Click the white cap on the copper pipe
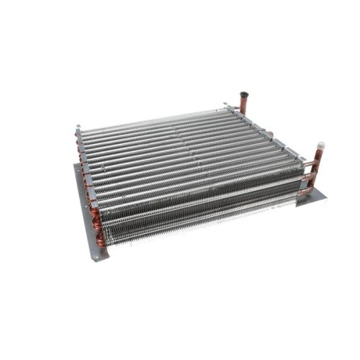click(322, 144)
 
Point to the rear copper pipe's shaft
click(243, 105)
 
